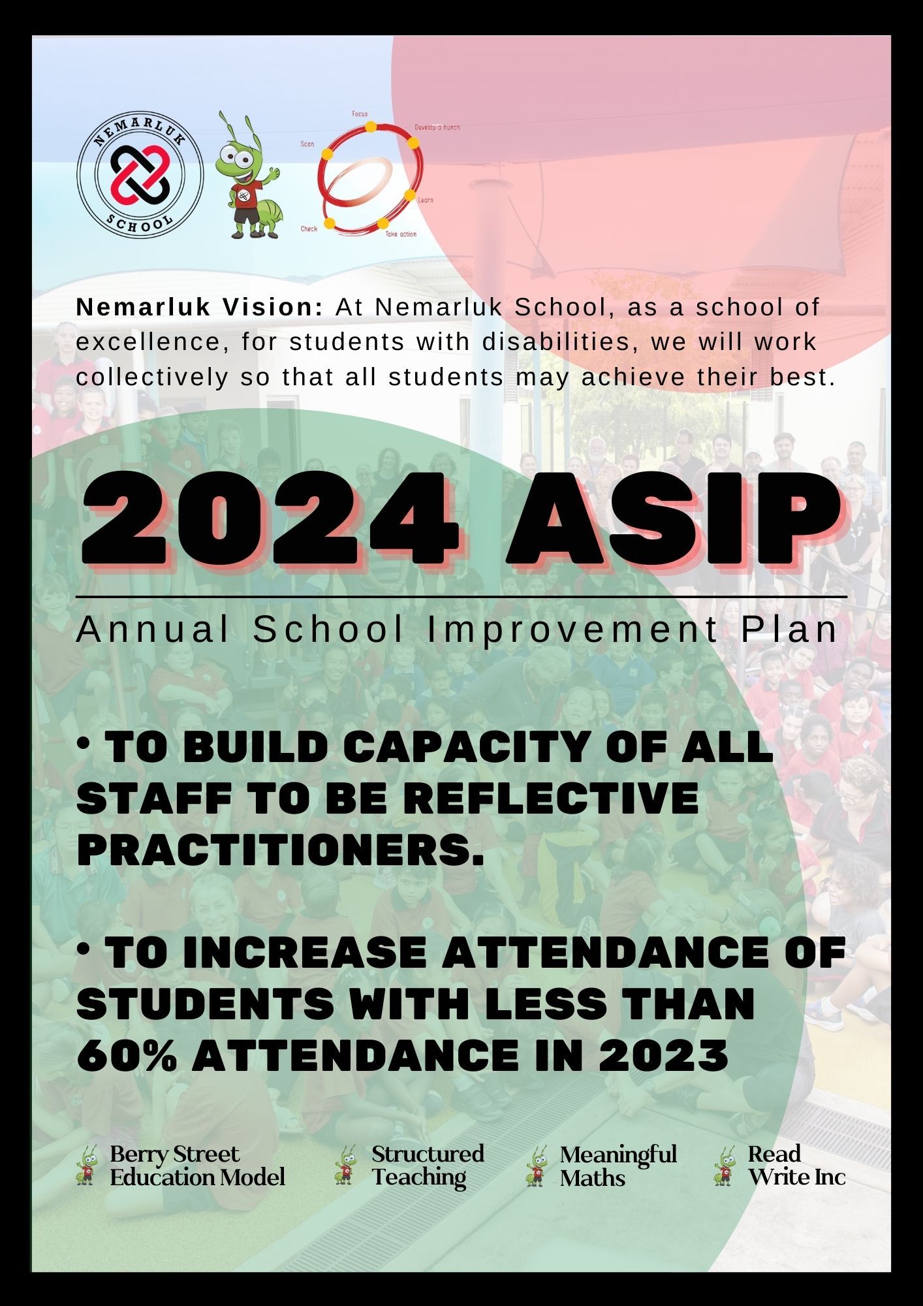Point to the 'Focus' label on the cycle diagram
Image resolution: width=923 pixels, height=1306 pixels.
[x=360, y=114]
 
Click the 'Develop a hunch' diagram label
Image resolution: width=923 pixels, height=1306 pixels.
[x=437, y=127]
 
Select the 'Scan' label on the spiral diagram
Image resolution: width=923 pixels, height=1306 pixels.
[x=307, y=144]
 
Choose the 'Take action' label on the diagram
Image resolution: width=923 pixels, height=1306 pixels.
[x=400, y=234]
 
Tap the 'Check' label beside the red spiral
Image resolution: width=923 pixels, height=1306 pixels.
[x=309, y=229]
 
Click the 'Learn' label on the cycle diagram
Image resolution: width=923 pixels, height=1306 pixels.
[x=425, y=200]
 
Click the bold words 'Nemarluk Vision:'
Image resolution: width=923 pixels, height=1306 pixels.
[x=199, y=308]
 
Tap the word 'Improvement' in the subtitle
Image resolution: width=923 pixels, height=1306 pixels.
[x=572, y=629]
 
